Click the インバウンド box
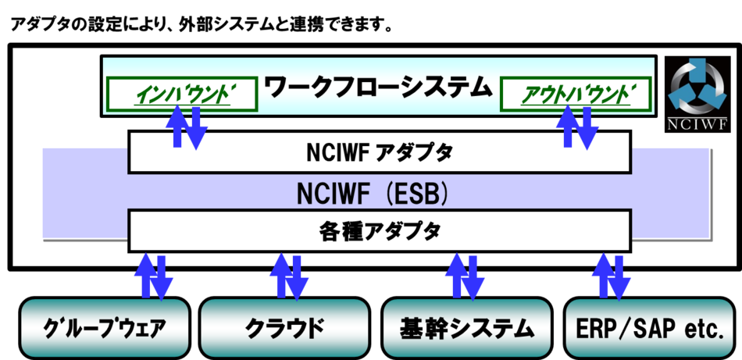pyautogui.click(x=181, y=94)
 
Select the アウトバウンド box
pyautogui.click(x=575, y=94)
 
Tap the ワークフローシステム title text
pyautogui.click(x=378, y=85)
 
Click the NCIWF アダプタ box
pyautogui.click(x=379, y=152)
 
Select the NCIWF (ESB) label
pyautogui.click(x=373, y=192)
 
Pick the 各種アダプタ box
pyautogui.click(x=379, y=230)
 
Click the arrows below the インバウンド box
pyautogui.click(x=185, y=127)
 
